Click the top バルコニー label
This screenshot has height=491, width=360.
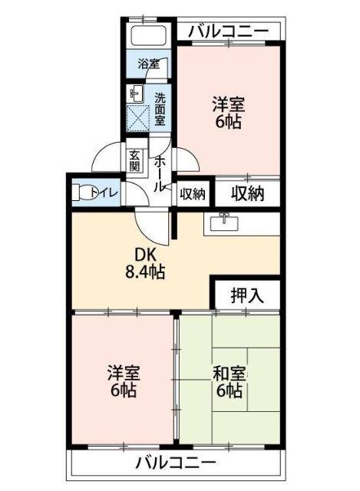(228, 31)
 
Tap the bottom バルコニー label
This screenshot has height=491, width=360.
(176, 463)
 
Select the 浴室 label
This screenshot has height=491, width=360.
(148, 64)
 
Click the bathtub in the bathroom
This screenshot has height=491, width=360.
(149, 37)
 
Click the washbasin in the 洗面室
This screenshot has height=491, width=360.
(137, 94)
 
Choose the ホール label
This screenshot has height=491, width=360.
(160, 173)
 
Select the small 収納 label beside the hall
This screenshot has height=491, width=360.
(193, 194)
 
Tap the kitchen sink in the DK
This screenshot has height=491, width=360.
(223, 221)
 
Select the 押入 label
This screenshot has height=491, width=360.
(246, 296)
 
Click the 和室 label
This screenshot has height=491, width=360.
(229, 375)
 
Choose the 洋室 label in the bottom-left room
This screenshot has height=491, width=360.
(124, 374)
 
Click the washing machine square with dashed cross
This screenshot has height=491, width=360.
(138, 119)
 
